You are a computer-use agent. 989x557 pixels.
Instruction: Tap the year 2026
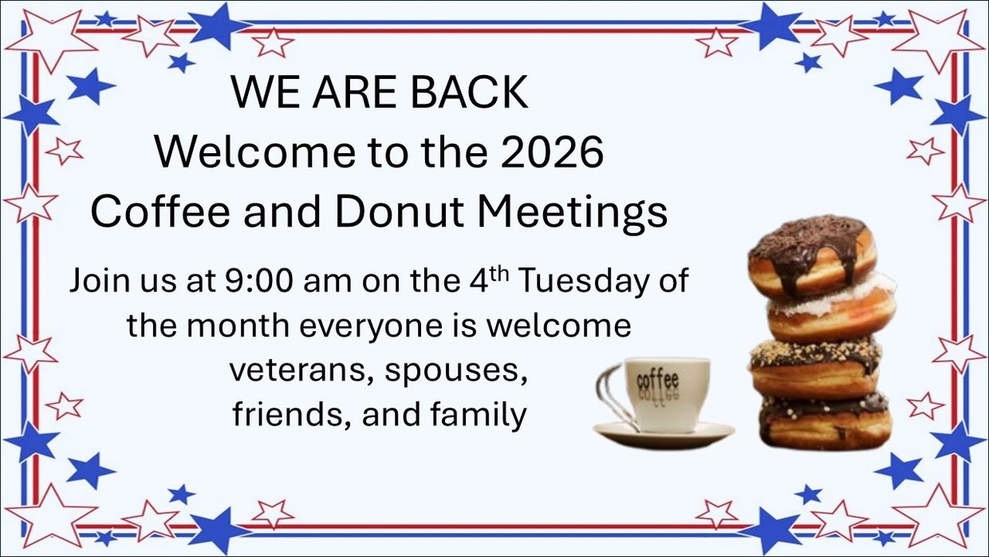click(552, 152)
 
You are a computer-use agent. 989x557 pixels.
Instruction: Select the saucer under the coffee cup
click(664, 434)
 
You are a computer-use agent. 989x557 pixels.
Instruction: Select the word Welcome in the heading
click(254, 152)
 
